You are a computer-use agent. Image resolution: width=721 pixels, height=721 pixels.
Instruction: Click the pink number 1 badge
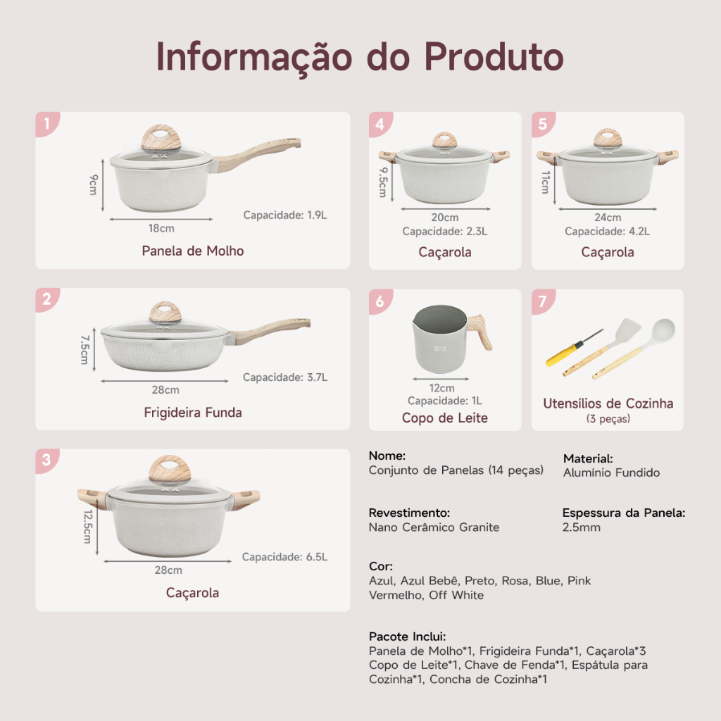[47, 124]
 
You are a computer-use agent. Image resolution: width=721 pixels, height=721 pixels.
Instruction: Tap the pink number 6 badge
[380, 301]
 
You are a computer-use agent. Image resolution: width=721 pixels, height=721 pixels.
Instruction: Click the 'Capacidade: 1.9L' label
[285, 215]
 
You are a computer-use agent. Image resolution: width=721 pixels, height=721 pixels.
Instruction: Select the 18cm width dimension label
[161, 228]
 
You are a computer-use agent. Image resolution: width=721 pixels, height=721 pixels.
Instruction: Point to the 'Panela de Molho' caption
[193, 251]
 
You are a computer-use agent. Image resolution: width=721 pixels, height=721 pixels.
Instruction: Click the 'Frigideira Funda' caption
[193, 413]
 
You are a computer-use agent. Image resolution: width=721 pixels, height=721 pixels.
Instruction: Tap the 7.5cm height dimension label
[84, 349]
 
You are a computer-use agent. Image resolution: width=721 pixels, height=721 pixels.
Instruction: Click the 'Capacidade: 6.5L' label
[284, 557]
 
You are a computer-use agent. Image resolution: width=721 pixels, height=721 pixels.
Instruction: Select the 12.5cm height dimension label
[87, 527]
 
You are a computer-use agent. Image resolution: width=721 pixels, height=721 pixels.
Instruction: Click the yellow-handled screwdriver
[573, 348]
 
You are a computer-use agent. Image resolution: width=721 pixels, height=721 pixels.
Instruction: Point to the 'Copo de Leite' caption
[445, 418]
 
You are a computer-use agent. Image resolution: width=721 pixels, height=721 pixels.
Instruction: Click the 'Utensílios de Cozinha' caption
[608, 403]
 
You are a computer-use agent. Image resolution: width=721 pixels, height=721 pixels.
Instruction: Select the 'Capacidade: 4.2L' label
[608, 231]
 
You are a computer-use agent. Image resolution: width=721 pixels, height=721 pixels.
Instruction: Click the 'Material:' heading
[588, 458]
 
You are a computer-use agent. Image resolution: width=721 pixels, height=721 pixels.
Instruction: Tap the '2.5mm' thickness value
[581, 527]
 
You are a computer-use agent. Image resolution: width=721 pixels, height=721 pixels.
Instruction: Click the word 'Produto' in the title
[494, 57]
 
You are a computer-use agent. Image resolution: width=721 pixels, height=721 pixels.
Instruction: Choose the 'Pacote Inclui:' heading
[408, 637]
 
